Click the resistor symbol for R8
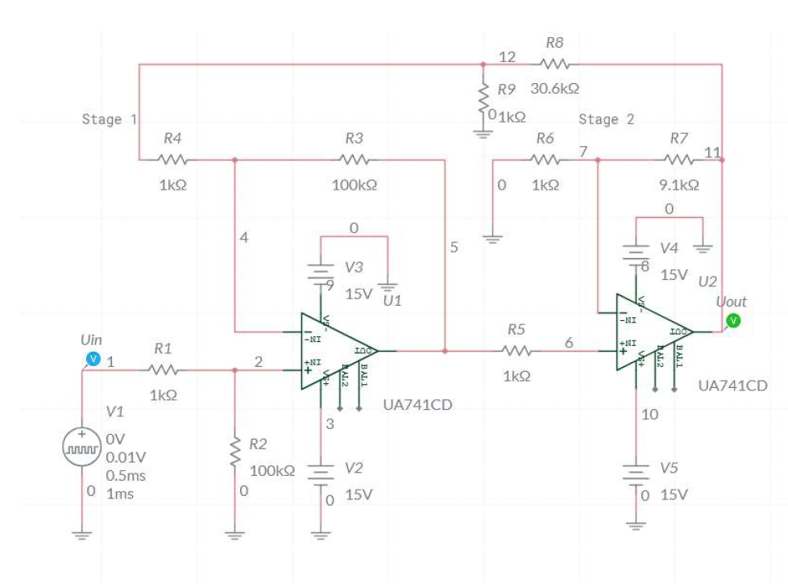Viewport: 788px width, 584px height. click(555, 64)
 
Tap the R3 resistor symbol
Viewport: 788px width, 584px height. click(354, 160)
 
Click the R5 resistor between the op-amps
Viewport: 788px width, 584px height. click(516, 351)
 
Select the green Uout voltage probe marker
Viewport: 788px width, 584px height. click(732, 321)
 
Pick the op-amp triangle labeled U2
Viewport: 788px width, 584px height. click(652, 332)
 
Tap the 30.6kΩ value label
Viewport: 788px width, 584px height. click(555, 88)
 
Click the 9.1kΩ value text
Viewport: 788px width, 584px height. click(679, 185)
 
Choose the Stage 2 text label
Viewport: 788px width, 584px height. click(606, 119)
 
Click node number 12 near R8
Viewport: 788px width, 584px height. click(507, 57)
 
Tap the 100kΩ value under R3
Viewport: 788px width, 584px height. click(354, 185)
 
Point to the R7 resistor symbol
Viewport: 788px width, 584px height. click(679, 160)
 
